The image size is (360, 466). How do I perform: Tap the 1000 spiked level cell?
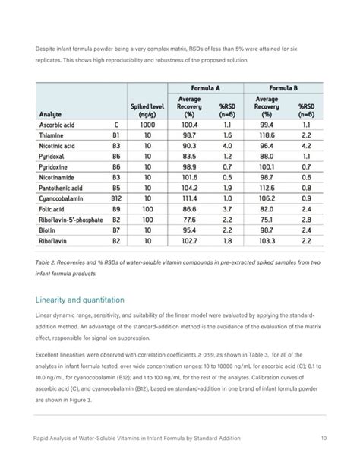click(147, 124)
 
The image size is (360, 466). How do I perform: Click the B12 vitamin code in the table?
click(116, 198)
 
